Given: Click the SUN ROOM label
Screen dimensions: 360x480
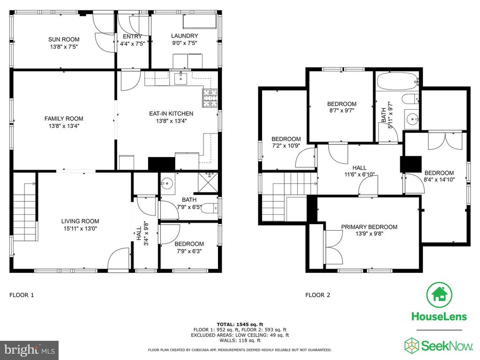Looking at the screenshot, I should (x=64, y=39).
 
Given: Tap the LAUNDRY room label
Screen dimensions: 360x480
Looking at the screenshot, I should (x=184, y=36).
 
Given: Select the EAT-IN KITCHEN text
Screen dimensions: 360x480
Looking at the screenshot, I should (x=171, y=113).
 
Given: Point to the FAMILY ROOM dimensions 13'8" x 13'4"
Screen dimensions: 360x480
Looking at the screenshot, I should (x=64, y=126).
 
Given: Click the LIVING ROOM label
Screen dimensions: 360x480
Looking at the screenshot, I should (x=80, y=221).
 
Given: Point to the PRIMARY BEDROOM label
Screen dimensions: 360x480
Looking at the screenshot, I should (x=369, y=227).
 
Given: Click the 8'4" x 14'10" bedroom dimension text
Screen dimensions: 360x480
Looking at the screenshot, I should (x=439, y=179).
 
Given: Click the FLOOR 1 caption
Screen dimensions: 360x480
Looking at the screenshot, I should (x=22, y=295).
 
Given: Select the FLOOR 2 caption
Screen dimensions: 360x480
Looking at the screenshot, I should (x=318, y=295).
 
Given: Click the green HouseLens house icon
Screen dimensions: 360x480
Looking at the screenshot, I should (x=439, y=294).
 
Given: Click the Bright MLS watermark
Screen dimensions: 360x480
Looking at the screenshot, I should (x=29, y=350).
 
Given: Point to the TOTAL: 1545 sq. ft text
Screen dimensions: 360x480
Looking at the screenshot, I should (x=240, y=324).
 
